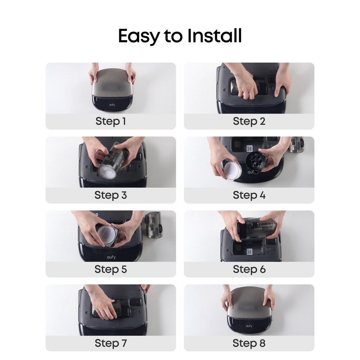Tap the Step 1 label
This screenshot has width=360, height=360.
coord(111,121)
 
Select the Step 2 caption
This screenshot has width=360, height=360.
coord(249,121)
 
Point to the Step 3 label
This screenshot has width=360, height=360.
coord(111,195)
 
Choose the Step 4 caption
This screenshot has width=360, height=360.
coord(249,195)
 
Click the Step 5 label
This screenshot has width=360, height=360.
coord(111,269)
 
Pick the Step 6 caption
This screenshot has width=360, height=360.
coord(249,269)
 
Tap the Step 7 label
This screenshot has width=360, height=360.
coord(111,343)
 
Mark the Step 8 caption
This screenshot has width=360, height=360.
coord(249,343)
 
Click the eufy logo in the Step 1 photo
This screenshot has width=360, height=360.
coord(112,105)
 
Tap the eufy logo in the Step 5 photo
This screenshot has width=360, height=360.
coord(111,257)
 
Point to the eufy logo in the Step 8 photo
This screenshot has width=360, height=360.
coord(249,326)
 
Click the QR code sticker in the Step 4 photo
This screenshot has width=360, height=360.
coord(249,148)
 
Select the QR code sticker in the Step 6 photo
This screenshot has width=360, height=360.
coord(249,252)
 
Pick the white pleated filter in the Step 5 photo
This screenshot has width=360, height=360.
coord(107,234)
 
